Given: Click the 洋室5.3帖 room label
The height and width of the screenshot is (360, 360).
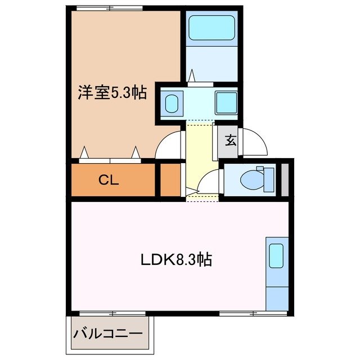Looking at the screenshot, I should (x=112, y=93).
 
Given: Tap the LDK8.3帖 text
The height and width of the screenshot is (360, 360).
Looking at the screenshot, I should (x=175, y=260).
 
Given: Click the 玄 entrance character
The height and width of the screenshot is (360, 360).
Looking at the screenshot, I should (x=231, y=141).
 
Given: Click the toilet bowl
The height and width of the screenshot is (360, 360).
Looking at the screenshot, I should (x=249, y=180).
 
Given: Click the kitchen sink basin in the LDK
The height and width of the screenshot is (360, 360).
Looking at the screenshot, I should (x=276, y=256).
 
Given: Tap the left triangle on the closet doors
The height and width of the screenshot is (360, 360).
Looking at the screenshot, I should (x=85, y=152).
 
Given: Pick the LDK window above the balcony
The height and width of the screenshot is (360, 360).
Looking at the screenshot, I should (x=112, y=313).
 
